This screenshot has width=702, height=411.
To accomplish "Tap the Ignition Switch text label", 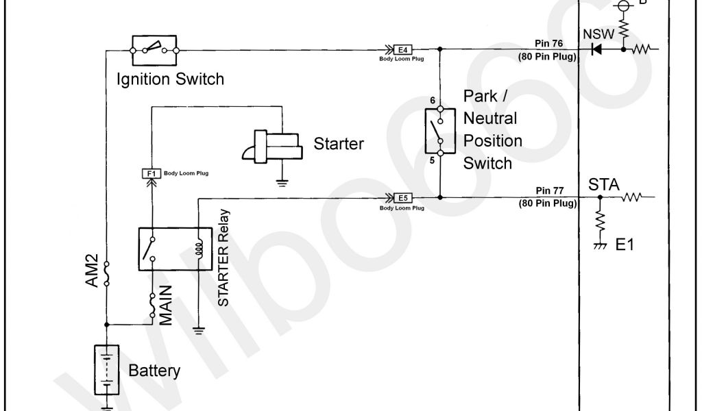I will pyautogui.click(x=170, y=79).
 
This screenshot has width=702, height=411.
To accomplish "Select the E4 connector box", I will pyautogui.click(x=402, y=49).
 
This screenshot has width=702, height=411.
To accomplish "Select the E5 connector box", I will pyautogui.click(x=402, y=198).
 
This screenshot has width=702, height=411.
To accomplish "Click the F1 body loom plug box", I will pyautogui.click(x=149, y=174).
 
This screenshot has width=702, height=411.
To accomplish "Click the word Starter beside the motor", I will pyautogui.click(x=339, y=144).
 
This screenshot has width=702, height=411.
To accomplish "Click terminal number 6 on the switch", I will pyautogui.click(x=433, y=101).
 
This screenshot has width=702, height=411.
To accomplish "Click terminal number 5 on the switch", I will pyautogui.click(x=433, y=161).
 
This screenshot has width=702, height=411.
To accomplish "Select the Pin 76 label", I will pyautogui.click(x=550, y=42).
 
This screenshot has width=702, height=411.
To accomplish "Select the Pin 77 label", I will pyautogui.click(x=550, y=191).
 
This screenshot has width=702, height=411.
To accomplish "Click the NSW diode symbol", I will pyautogui.click(x=596, y=49).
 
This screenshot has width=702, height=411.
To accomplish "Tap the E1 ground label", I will pyautogui.click(x=625, y=245).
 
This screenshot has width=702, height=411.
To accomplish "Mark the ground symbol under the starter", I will pyautogui.click(x=281, y=182).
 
